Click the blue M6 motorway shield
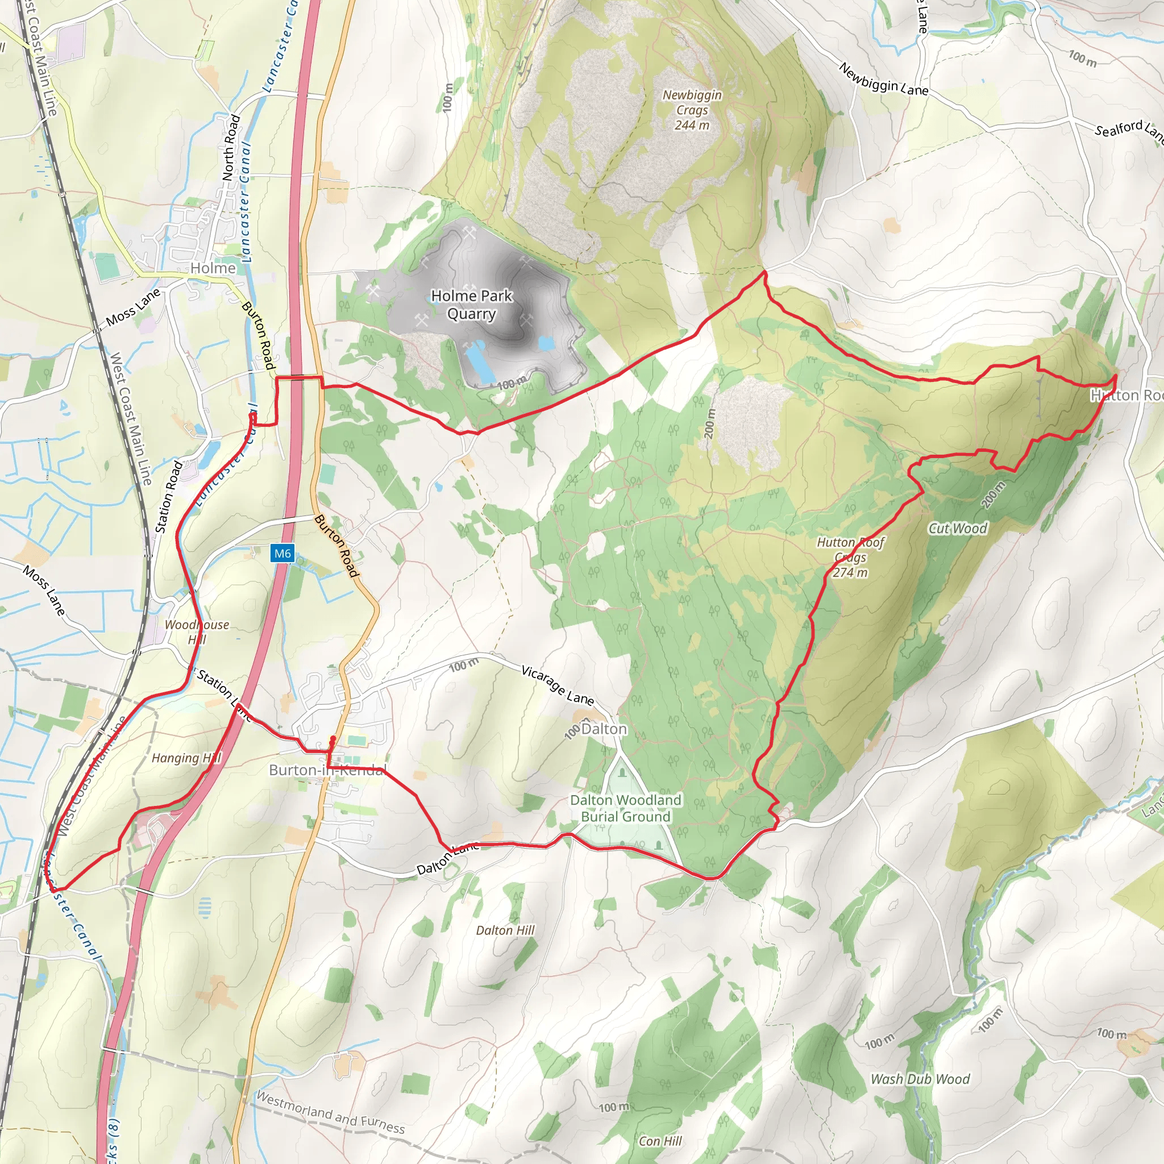(x=282, y=553)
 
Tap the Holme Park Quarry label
(x=472, y=305)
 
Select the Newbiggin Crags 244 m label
(x=692, y=110)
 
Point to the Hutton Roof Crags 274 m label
(x=850, y=558)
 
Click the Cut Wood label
(x=957, y=529)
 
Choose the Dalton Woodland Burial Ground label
(x=625, y=808)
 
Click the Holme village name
(x=213, y=268)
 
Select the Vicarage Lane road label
(x=558, y=685)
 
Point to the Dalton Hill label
(x=505, y=930)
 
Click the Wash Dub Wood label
(x=920, y=1079)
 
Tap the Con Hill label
(x=660, y=1141)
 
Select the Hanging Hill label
(x=186, y=758)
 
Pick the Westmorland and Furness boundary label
(x=331, y=1112)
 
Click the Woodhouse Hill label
(x=197, y=632)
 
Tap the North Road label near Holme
(x=231, y=148)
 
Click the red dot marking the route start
(x=332, y=738)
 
